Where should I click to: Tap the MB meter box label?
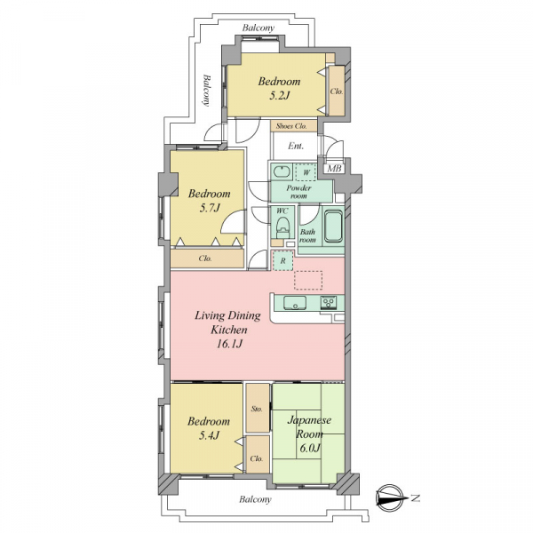coord(334,168)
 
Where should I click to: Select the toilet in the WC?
coord(282,227)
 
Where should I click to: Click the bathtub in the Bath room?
coord(333,226)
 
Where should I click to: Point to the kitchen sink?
coord(295,303)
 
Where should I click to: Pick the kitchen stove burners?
coord(329,303)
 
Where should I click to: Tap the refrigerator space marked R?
coord(282,260)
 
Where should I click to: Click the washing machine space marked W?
coord(306,172)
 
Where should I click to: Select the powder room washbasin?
coord(282,172)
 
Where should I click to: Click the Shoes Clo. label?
coord(291,126)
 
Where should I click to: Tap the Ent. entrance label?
coord(296,146)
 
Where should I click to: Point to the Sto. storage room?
coord(258,408)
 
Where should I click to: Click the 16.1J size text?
coord(229,344)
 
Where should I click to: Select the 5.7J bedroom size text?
coord(210,208)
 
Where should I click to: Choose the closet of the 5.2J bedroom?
coord(337,91)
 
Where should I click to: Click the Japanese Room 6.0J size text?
coord(309,448)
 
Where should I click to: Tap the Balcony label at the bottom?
coord(255,499)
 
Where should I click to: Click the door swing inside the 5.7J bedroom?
coord(233,221)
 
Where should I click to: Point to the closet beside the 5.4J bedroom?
coord(258,455)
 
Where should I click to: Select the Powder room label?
coord(298,192)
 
